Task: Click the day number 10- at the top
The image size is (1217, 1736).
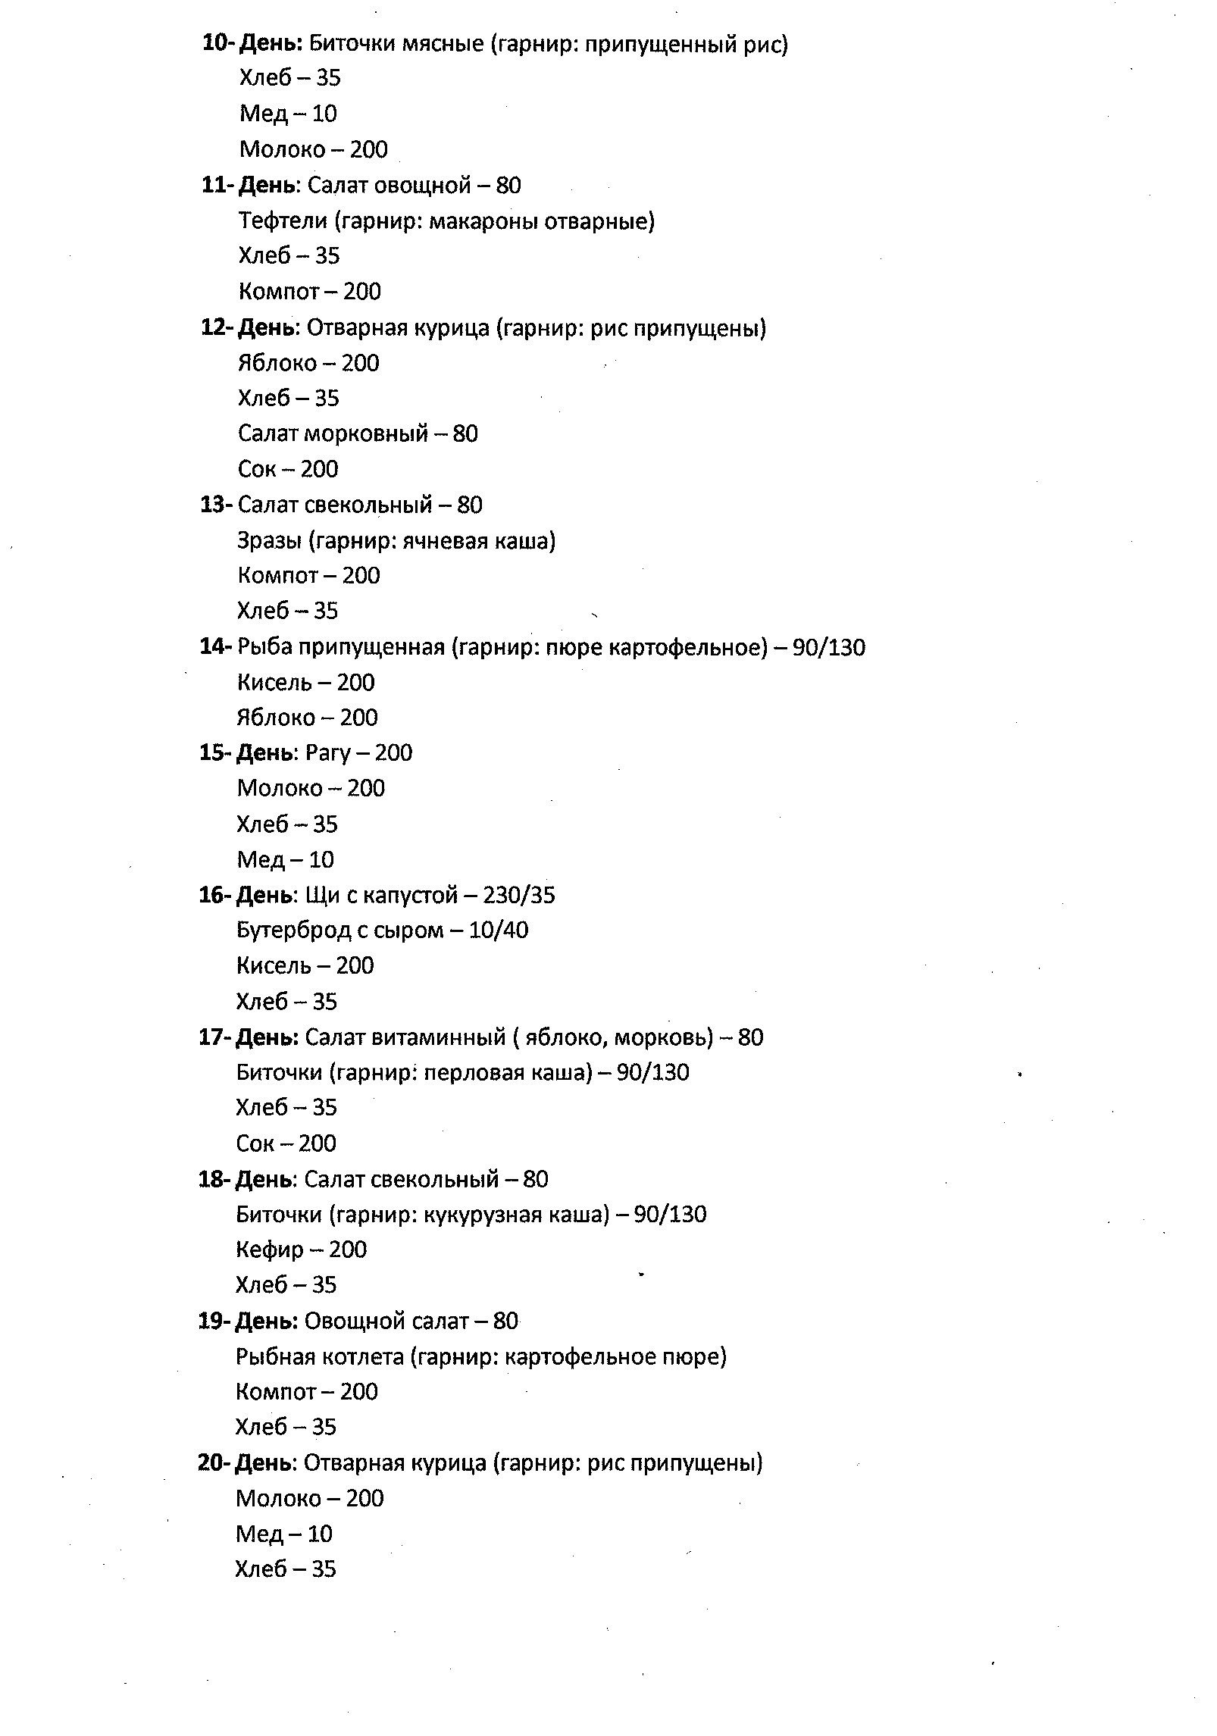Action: pos(218,43)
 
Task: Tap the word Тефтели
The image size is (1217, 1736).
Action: pos(283,221)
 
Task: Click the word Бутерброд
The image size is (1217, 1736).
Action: pos(293,930)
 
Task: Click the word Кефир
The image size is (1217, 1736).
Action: pos(269,1250)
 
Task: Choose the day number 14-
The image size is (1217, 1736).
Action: pos(215,646)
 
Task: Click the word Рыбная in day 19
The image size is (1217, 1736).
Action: pos(274,1356)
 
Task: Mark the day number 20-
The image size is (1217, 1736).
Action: pos(214,1462)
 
